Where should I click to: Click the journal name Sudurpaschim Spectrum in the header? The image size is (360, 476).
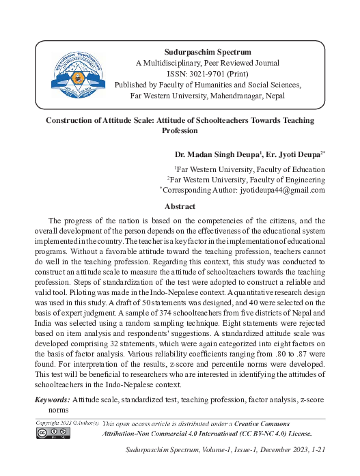(208, 52)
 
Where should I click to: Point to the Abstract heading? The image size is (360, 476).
(180, 206)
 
